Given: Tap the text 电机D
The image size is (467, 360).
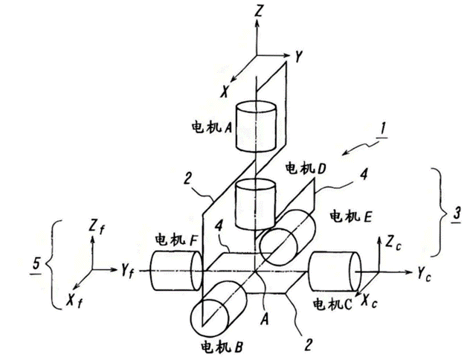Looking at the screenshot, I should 306,170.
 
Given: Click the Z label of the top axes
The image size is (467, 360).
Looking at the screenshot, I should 257,11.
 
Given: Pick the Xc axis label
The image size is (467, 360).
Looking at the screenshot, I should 367,300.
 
